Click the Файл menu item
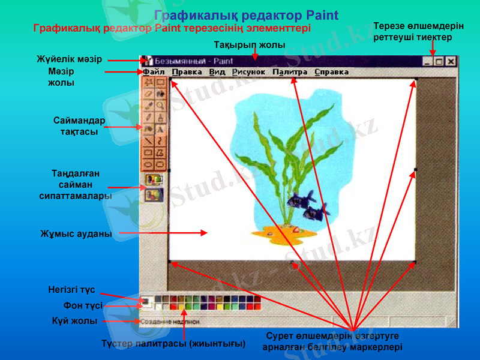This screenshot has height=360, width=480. pyautogui.click(x=150, y=72)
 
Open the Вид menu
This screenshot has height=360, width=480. pyautogui.click(x=217, y=72)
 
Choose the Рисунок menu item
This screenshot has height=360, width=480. pyautogui.click(x=248, y=72)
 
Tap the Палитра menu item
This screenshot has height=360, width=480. pyautogui.click(x=290, y=72)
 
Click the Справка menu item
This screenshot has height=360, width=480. pyautogui.click(x=331, y=72)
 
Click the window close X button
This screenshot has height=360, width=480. pyautogui.click(x=451, y=61)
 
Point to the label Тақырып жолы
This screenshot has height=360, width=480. pyautogui.click(x=249, y=46)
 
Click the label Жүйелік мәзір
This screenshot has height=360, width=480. pyautogui.click(x=69, y=59)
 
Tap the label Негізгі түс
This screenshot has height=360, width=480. pyautogui.click(x=71, y=290)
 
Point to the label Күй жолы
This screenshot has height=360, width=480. pyautogui.click(x=74, y=321)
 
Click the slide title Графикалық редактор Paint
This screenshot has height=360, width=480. pyautogui.click(x=246, y=15)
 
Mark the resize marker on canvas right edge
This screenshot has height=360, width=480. pyautogui.click(x=415, y=170)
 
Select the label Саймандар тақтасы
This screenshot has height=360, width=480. pyautogui.click(x=79, y=126)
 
